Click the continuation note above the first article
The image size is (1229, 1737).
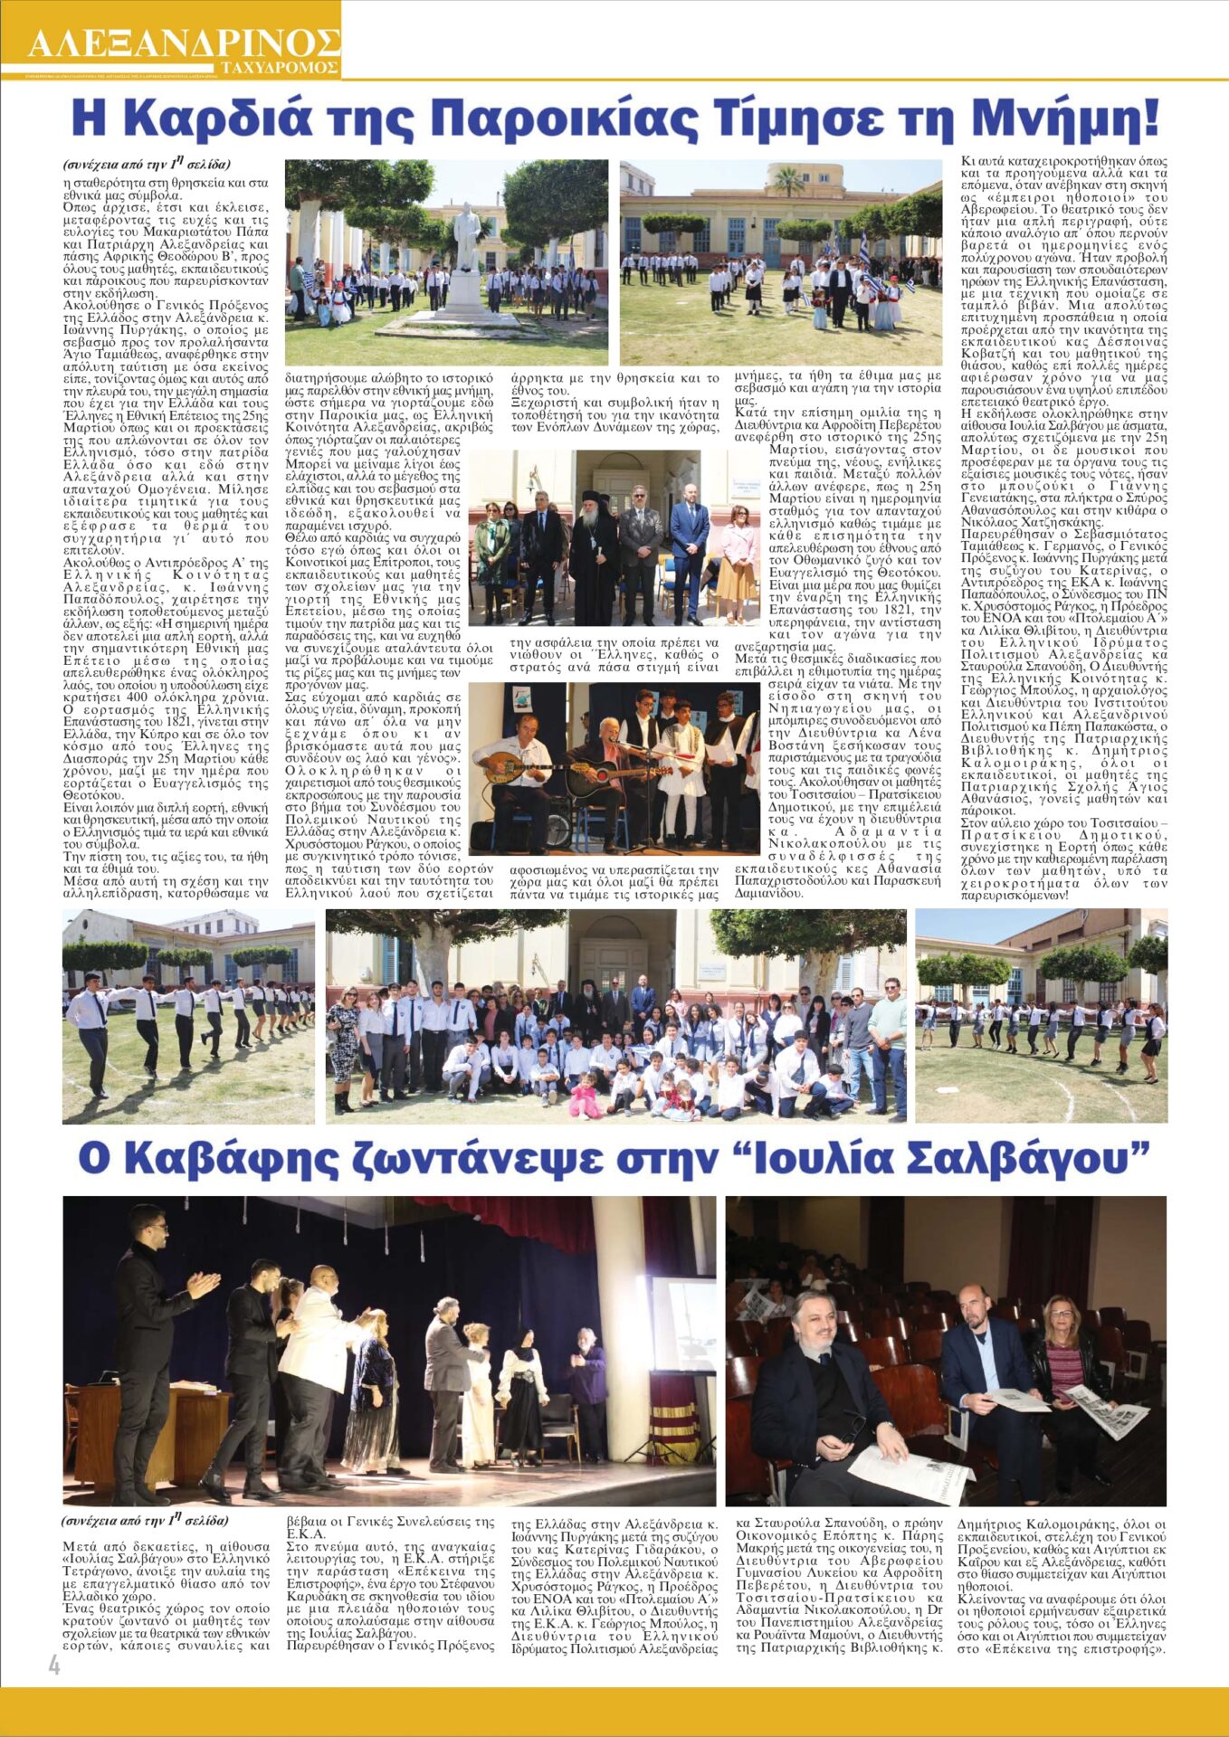coord(146,165)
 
